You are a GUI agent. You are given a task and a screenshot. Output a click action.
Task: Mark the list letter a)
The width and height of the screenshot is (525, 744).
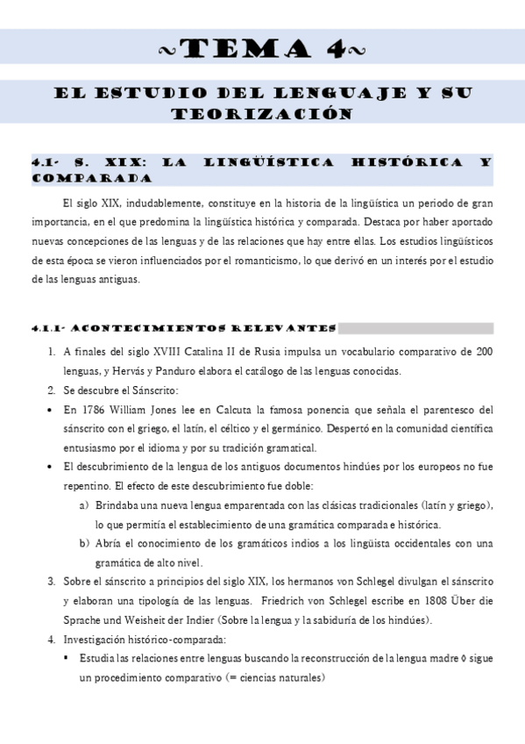[x=84, y=505]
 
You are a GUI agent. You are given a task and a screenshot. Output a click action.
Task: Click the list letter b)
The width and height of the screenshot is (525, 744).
[x=84, y=544]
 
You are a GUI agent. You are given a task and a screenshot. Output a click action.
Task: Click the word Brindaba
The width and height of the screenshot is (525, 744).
[x=120, y=505]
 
